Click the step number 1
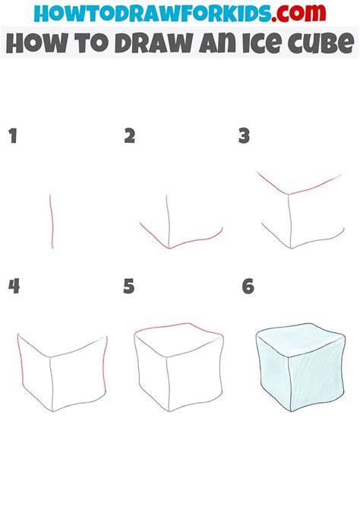click(13, 136)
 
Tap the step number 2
click(129, 136)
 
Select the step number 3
click(244, 136)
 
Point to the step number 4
click(14, 286)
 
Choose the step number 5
click(128, 287)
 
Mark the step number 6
click(248, 287)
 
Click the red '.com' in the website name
click(298, 12)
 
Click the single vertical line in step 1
click(52, 221)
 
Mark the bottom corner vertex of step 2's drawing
click(169, 249)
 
